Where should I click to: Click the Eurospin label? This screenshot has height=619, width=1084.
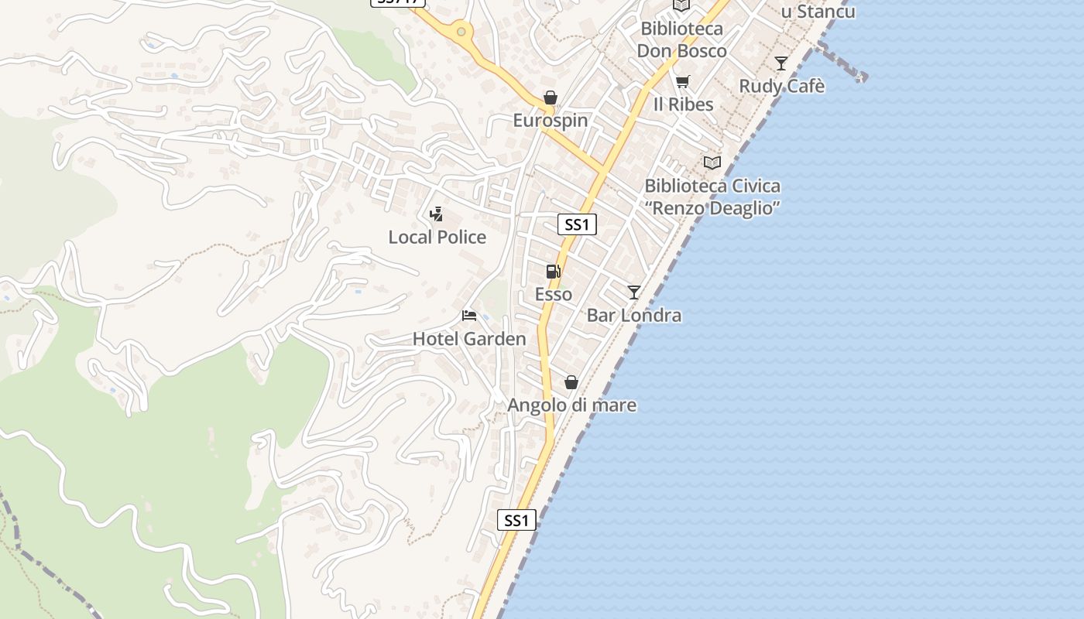551,121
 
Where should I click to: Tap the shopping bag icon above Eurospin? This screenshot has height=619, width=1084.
550,97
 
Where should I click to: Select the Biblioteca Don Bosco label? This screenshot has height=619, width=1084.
681,40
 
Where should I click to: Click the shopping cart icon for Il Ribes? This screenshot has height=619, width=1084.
682,81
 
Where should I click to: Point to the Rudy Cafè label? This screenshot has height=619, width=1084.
781,86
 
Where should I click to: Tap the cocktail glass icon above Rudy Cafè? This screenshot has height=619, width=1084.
780,63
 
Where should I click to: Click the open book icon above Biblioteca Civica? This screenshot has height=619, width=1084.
712,162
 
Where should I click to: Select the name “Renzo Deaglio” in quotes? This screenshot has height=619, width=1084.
712,208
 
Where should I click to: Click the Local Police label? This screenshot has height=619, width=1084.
437,237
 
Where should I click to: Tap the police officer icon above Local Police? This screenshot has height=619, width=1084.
437,214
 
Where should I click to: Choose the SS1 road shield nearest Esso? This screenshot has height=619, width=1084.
577,225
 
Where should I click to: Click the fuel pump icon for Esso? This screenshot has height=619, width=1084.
553,272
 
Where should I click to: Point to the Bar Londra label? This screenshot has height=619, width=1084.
634,315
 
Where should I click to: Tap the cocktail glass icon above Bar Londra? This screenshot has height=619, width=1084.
634,292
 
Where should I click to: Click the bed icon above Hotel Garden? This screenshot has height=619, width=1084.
468,316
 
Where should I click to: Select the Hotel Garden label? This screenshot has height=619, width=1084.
469,339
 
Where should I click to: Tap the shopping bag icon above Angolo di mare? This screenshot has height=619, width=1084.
571,382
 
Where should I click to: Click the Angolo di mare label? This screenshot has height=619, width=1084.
571,405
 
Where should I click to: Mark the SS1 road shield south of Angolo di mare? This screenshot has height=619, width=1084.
516,520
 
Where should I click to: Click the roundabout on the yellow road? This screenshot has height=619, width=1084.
461,32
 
